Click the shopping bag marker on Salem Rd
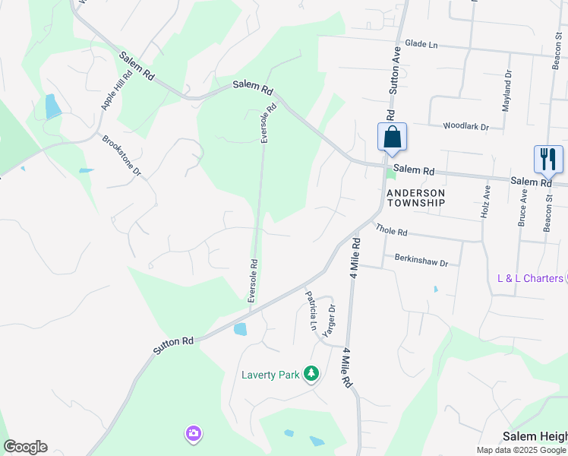pyautogui.click(x=392, y=138)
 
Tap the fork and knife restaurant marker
pyautogui.click(x=548, y=160)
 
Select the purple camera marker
pyautogui.click(x=193, y=433)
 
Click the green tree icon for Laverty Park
pyautogui.click(x=311, y=373)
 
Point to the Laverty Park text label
pyautogui.click(x=270, y=375)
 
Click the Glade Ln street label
pyautogui.click(x=421, y=45)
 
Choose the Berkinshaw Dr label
pyautogui.click(x=421, y=260)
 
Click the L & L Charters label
pyautogui.click(x=530, y=278)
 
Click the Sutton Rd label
pyautogui.click(x=173, y=346)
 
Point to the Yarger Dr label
pyautogui.click(x=330, y=320)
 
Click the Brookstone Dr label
pyautogui.click(x=121, y=156)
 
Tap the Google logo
pyautogui.click(x=25, y=447)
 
